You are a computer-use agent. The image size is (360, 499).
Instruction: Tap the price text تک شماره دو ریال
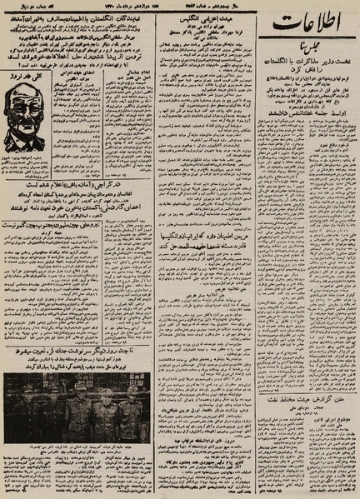click(x=24, y=7)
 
